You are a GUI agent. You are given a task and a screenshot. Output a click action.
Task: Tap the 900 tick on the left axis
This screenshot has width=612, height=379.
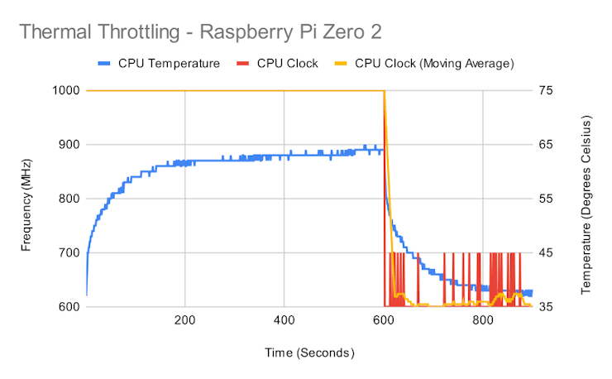[69, 145]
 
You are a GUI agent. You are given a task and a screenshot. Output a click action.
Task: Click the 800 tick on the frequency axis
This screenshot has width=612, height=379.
[69, 199]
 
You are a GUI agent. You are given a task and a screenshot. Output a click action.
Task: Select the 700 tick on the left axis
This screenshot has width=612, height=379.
[69, 253]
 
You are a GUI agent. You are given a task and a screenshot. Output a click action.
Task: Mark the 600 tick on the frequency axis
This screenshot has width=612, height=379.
[69, 307]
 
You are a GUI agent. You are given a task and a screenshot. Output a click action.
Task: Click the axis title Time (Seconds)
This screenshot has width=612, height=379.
[309, 353]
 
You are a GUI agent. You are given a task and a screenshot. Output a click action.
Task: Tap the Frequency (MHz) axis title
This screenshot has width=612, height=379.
[26, 199]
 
